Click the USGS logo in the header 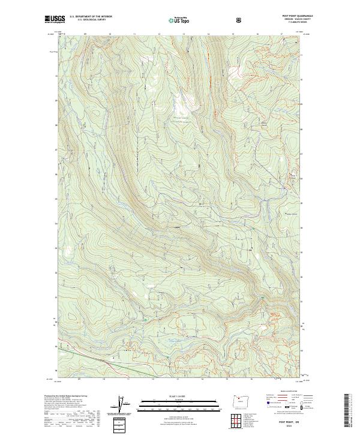click(x=53, y=19)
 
